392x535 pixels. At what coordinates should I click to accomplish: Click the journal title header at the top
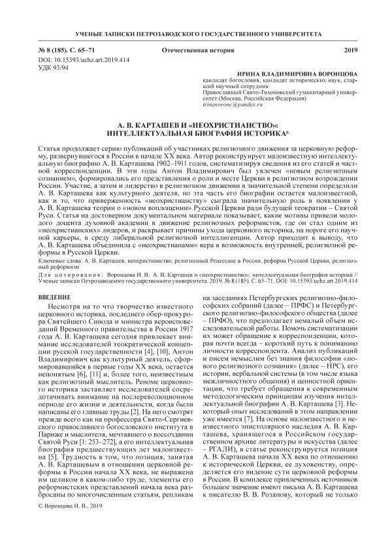[x=195, y=33]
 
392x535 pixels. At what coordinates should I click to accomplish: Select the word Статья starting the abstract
[x=52, y=147]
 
